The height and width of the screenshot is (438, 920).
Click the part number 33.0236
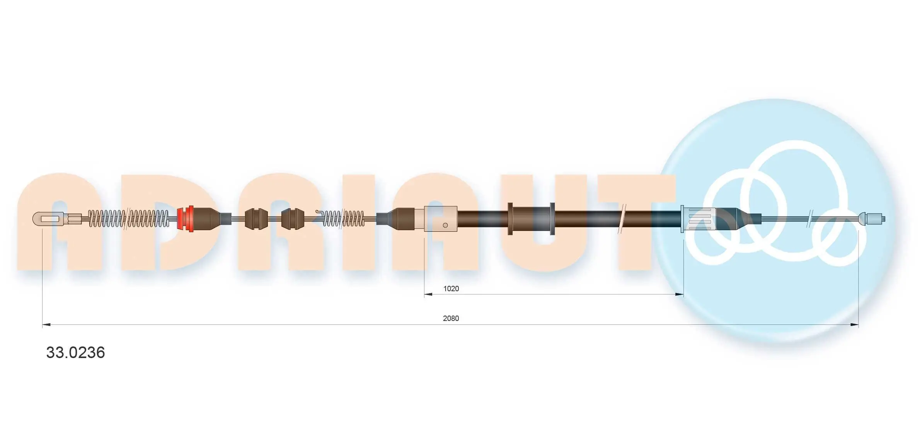point(75,353)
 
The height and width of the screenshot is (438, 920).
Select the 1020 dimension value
point(451,289)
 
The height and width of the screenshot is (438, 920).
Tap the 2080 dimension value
point(451,318)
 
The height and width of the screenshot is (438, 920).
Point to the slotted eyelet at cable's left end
point(48,219)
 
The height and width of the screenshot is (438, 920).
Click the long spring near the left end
point(129,219)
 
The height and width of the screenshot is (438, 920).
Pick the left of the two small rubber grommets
point(256,219)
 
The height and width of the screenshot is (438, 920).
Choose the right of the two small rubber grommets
point(293,219)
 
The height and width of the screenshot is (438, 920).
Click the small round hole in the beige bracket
point(445,225)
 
